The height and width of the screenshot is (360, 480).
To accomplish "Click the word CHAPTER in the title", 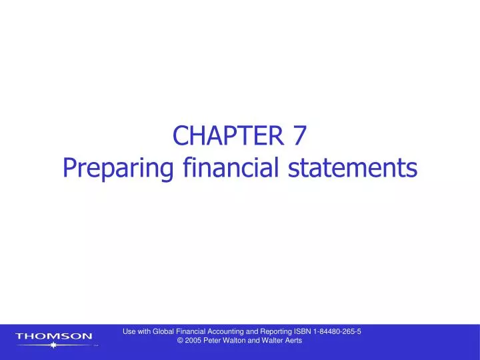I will tap(227, 135).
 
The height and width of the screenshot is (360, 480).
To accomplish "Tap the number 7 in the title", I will tap(299, 135).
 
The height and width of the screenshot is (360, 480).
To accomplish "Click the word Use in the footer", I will tap(130, 331).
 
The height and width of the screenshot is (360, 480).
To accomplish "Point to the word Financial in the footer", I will tap(197, 331).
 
